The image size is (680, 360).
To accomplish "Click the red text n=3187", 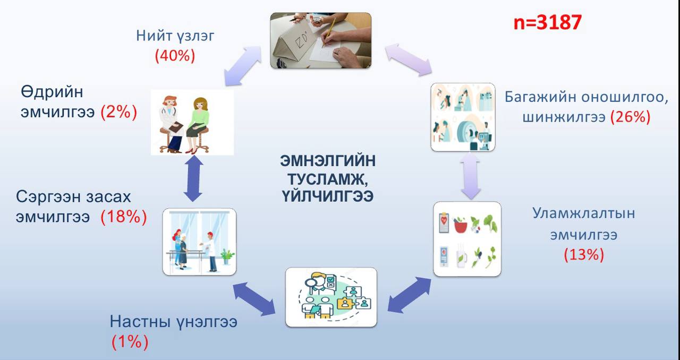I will [x=548, y=22].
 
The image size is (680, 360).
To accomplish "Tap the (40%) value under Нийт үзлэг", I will [x=175, y=55].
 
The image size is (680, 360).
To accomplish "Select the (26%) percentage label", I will [x=630, y=117].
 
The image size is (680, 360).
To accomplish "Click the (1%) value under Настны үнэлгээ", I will [x=130, y=342].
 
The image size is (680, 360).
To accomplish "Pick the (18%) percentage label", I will [x=124, y=217].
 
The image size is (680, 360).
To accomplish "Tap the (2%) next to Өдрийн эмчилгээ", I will [x=119, y=112].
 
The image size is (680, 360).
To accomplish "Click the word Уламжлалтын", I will [x=583, y=213].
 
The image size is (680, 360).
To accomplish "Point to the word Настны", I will [x=138, y=321].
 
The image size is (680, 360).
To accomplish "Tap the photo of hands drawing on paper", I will [x=320, y=40].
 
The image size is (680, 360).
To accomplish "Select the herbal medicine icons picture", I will [x=467, y=239].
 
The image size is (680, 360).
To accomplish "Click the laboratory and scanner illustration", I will [x=462, y=117].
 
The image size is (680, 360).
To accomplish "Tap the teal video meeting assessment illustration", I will [x=330, y=297].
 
